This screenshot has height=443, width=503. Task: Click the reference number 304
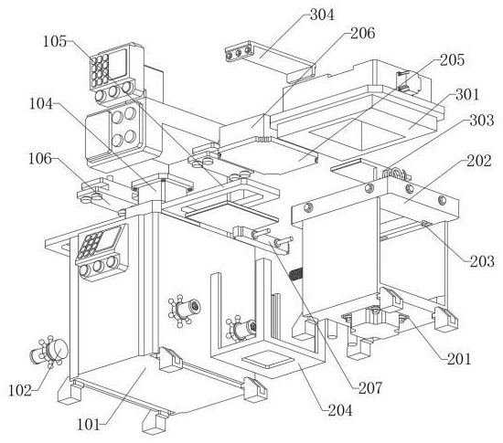click(x=322, y=15)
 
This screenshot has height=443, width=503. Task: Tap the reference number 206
click(x=362, y=33)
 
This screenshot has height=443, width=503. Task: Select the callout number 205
click(x=452, y=60)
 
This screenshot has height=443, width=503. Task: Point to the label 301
click(x=467, y=94)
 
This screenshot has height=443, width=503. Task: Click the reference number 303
click(x=481, y=121)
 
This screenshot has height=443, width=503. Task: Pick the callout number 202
click(x=479, y=161)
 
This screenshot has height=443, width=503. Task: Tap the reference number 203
click(x=482, y=261)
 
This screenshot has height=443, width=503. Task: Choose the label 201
click(x=459, y=359)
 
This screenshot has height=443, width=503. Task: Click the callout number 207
click(x=370, y=388)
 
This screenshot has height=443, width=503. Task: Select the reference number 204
click(x=340, y=410)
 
